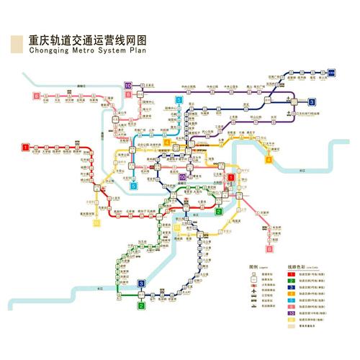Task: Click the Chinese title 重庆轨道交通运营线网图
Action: click(87, 42)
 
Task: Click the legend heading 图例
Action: click(253, 266)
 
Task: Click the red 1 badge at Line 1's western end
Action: click(26, 148)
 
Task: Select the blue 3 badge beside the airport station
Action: click(312, 102)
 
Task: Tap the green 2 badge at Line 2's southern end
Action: click(142, 305)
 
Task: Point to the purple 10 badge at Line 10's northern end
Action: click(128, 86)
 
